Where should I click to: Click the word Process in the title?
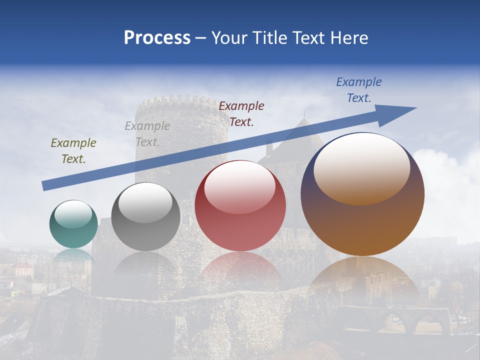click(x=157, y=38)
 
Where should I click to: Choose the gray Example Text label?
click(x=147, y=134)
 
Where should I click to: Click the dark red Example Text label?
click(x=241, y=113)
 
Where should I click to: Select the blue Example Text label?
click(x=359, y=90)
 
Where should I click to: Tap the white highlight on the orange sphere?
click(x=361, y=167)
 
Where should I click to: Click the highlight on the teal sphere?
click(x=73, y=214)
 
